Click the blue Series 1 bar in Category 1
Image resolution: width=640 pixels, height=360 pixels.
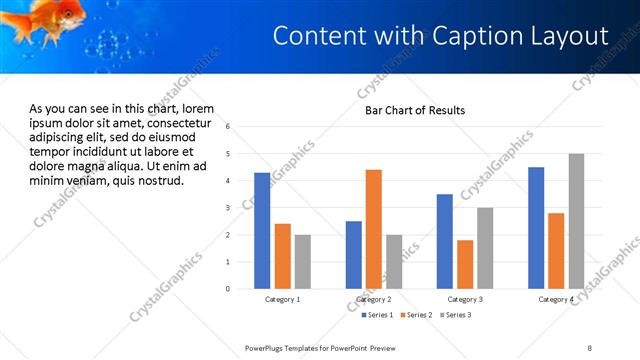262,231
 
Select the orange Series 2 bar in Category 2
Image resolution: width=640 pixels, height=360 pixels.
374,229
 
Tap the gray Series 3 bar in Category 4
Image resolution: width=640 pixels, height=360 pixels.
576,221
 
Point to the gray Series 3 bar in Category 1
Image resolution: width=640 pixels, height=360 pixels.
303,262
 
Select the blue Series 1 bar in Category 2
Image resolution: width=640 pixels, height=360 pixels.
354,255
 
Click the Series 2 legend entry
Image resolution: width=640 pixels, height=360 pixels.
416,315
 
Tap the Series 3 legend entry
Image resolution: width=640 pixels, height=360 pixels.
456,315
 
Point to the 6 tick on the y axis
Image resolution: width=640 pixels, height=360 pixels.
228,127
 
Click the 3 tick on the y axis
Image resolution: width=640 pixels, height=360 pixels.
228,208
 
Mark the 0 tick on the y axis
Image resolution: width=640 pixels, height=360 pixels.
228,289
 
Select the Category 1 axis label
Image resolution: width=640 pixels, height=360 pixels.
282,299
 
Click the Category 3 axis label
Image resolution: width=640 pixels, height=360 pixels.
465,299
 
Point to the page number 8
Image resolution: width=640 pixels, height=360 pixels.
589,348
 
